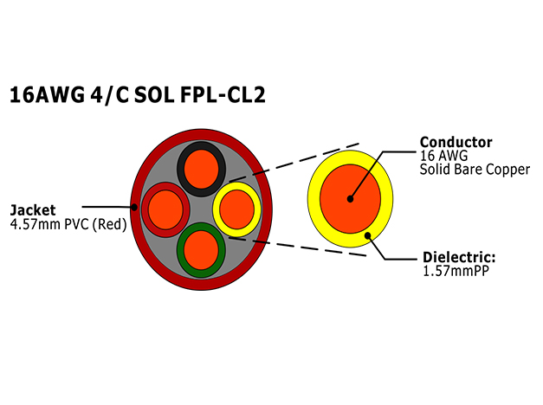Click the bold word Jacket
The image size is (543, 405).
pyautogui.click(x=33, y=210)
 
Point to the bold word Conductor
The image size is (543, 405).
pyautogui.click(x=456, y=142)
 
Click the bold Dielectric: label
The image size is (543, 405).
pyautogui.click(x=459, y=257)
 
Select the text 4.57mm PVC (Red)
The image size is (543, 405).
pyautogui.click(x=68, y=224)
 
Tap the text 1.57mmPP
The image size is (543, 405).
pyautogui.click(x=456, y=271)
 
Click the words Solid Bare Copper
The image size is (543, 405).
pyautogui.click(x=475, y=170)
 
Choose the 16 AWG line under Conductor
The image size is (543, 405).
pyautogui.click(x=443, y=156)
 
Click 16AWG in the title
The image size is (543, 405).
pyautogui.click(x=47, y=94)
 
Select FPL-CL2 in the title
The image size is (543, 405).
pyautogui.click(x=223, y=94)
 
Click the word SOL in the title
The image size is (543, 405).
pyautogui.click(x=154, y=94)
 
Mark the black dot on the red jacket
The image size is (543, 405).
pyautogui.click(x=134, y=207)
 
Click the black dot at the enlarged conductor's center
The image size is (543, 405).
pyautogui.click(x=350, y=199)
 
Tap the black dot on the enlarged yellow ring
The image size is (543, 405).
pyautogui.click(x=368, y=235)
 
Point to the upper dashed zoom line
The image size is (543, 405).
pyautogui.click(x=294, y=163)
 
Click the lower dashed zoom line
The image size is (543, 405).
pyautogui.click(x=298, y=247)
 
